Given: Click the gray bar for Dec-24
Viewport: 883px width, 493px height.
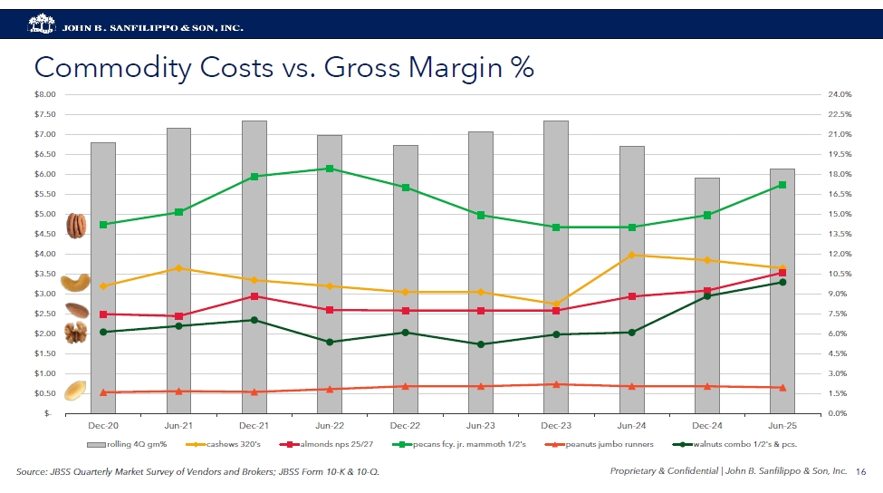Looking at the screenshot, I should tap(706, 295).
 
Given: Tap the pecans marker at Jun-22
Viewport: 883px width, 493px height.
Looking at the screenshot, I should tap(330, 169).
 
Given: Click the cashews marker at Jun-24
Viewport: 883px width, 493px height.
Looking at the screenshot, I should tap(631, 255).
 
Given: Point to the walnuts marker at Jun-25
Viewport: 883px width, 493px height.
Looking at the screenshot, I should tap(782, 282).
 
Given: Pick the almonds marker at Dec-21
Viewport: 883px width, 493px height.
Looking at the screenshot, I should tap(254, 296).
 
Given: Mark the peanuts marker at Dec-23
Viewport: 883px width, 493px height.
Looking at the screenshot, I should tap(556, 384).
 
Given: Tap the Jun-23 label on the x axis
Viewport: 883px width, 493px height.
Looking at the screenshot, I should tap(480, 425).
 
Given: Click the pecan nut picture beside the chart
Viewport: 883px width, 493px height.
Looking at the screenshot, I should tap(76, 225).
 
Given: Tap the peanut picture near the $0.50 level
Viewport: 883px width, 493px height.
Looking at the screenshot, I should tap(74, 391).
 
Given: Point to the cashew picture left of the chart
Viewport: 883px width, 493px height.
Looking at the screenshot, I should tap(75, 283).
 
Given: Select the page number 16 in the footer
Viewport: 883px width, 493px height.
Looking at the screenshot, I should tap(860, 471).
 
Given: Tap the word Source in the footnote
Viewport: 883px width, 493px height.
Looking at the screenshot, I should tap(34, 472).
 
